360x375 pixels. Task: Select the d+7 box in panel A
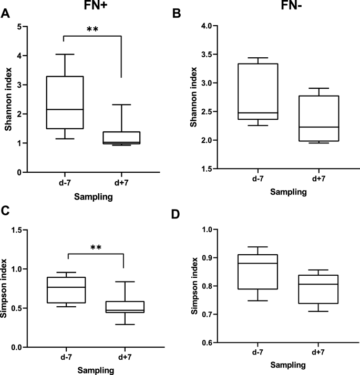coord(121,138)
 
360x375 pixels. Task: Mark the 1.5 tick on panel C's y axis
coord(21,230)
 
